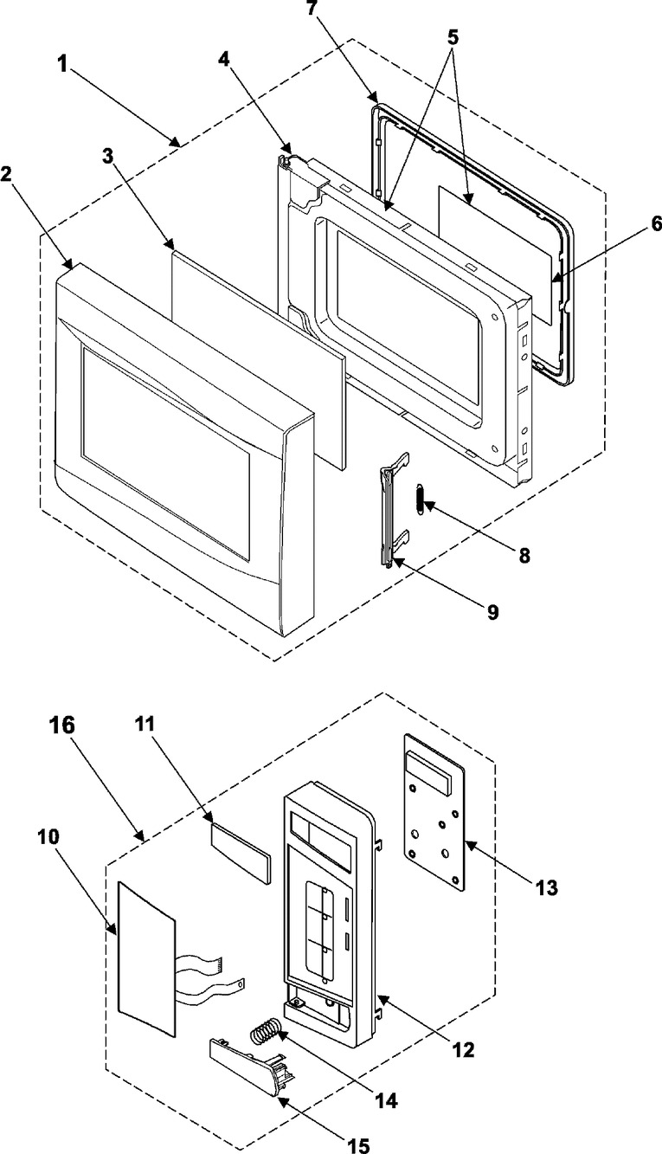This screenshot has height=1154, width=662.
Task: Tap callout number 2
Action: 8,172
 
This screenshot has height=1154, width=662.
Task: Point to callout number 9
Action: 492,612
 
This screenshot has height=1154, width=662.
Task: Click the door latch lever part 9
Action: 389,515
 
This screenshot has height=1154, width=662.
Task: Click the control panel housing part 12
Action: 329,909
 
